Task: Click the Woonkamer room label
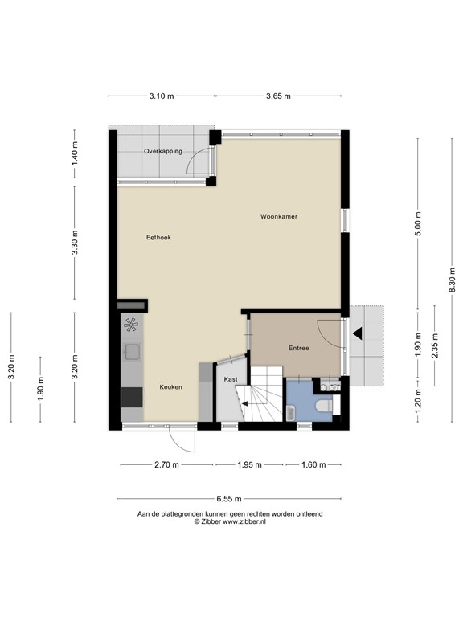point(278,217)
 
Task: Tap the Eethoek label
point(158,237)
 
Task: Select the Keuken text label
point(170,387)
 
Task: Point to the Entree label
point(299,348)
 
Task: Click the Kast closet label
point(231,378)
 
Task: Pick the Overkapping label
point(162,151)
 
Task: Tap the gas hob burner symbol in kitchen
point(131,326)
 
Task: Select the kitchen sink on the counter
point(131,352)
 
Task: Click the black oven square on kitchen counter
point(131,396)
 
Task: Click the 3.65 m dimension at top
point(278,96)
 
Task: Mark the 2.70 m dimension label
point(167,464)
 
